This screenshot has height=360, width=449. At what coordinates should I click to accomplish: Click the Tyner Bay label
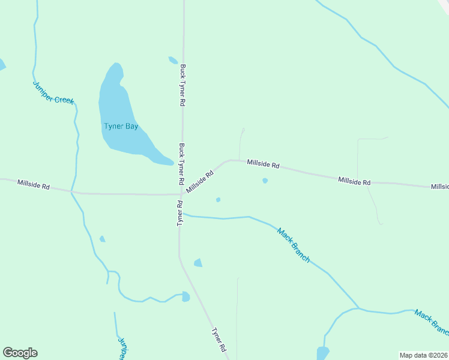pos(121,126)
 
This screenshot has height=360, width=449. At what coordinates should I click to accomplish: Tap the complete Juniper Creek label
pos(53,92)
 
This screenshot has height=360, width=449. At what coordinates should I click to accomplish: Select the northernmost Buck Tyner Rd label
pos(182,85)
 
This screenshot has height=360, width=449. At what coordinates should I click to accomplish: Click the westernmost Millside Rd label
pos(33,184)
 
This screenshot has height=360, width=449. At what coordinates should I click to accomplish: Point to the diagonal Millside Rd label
pos(200,182)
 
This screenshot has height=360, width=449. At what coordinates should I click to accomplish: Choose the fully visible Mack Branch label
pos(294,244)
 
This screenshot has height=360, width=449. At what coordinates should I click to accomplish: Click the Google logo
pos(20,353)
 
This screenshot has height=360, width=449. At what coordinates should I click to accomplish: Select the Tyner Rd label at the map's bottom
pos(219,339)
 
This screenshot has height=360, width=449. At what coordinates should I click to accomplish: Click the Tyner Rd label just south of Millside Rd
pos(179,213)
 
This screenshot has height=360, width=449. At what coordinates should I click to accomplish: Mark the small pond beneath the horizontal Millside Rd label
pos(265,181)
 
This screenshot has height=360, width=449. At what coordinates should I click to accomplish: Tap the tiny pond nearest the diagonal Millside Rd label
pos(218,200)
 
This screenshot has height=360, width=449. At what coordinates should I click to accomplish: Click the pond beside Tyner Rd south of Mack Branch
pos(198,263)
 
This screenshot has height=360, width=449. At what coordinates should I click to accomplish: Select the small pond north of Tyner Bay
pos(173,60)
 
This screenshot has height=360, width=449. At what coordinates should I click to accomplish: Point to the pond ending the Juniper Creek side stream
pos(185,296)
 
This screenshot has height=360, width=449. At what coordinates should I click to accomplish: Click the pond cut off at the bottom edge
pos(323,353)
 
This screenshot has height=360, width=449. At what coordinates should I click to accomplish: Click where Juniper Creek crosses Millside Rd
pos(71,192)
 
